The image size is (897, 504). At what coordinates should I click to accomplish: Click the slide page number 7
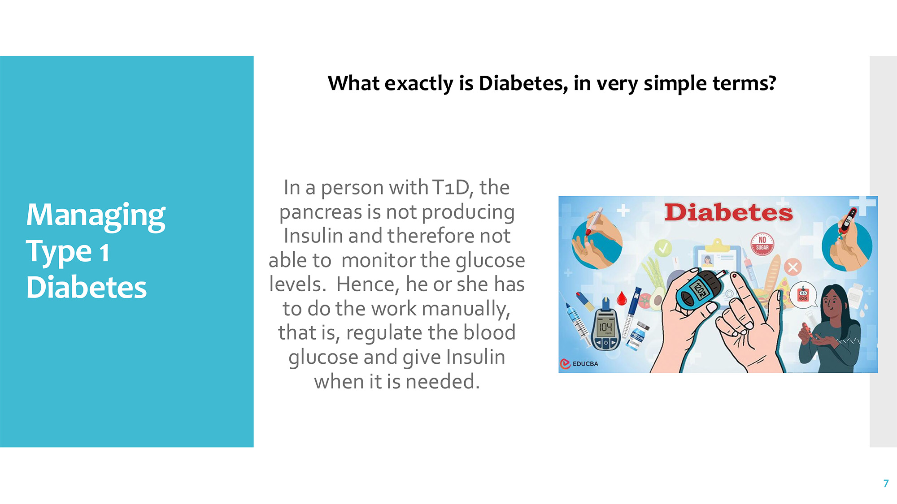(x=886, y=483)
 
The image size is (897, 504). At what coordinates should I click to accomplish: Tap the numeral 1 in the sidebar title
(x=105, y=252)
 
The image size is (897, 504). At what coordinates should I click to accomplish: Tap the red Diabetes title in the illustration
(x=728, y=212)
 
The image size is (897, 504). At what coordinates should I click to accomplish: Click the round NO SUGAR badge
(x=762, y=244)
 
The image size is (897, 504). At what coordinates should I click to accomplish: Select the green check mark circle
(x=663, y=248)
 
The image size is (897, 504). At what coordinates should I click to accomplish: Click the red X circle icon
(x=792, y=267)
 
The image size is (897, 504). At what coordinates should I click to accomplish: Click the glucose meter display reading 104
(x=605, y=328)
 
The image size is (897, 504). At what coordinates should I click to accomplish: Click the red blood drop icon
(x=622, y=298)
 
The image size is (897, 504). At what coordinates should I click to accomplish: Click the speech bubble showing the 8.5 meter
(x=803, y=296)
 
